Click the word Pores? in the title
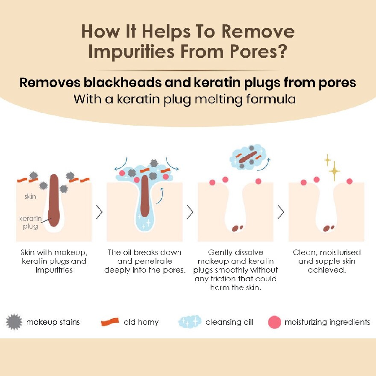(258, 52)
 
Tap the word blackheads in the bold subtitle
(123, 82)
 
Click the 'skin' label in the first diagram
(30, 197)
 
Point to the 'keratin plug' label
(30, 222)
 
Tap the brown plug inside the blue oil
(144, 196)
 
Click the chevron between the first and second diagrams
(99, 212)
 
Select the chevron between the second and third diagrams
(190, 212)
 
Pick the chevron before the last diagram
(281, 212)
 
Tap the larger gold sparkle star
(334, 171)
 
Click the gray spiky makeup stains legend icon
(14, 322)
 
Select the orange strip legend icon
(110, 322)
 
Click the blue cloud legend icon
(190, 322)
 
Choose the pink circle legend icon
(275, 322)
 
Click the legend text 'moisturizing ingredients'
(327, 322)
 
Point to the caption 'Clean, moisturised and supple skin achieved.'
(327, 261)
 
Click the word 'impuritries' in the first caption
(54, 270)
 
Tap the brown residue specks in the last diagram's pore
(328, 228)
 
